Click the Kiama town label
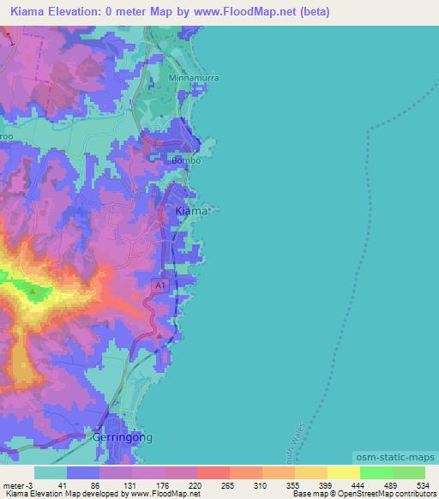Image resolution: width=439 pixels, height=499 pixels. pos(189,211)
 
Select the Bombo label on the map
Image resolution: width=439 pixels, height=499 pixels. pos(186,160)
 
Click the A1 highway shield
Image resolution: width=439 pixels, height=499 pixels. pos(159,284)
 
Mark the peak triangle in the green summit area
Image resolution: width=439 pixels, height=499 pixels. pos(33,292)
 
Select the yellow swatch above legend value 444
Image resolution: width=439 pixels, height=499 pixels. pos(343,472)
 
